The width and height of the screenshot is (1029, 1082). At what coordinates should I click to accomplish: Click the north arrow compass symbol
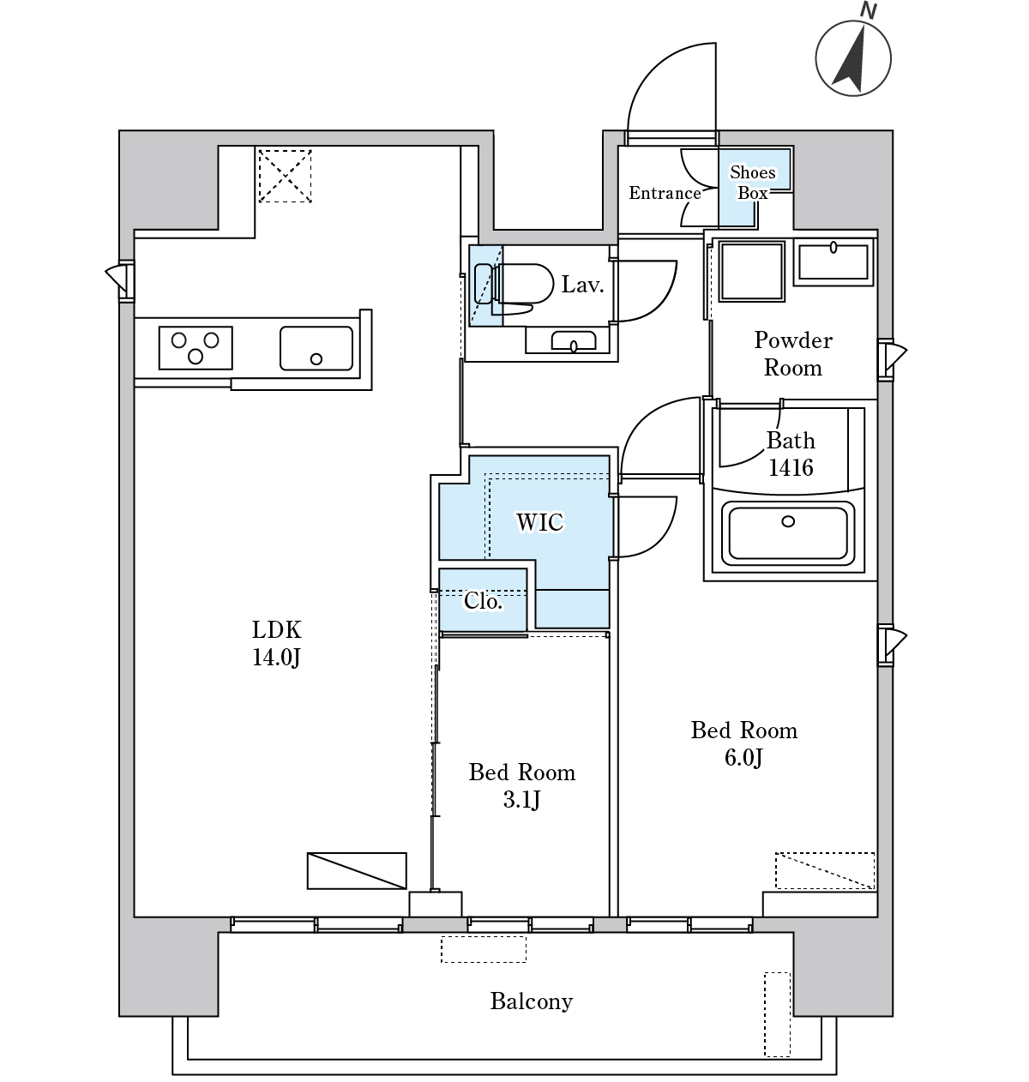tap(853, 57)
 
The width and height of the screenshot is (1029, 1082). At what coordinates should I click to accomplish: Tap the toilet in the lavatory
tap(514, 288)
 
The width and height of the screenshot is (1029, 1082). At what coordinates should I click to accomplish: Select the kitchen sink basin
tap(316, 348)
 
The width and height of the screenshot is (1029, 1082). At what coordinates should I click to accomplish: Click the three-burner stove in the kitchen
tap(196, 348)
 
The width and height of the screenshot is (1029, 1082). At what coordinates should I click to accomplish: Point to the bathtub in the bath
tap(788, 533)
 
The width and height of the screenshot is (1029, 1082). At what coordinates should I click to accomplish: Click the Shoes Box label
tap(753, 183)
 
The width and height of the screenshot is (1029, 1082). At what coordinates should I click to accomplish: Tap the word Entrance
tap(665, 193)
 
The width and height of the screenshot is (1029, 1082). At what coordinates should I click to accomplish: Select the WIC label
tap(540, 522)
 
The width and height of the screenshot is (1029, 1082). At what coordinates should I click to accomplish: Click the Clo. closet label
tap(483, 601)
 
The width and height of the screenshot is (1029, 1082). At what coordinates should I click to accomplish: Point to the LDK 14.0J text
tap(276, 643)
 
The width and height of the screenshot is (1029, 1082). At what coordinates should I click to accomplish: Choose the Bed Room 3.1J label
tap(522, 786)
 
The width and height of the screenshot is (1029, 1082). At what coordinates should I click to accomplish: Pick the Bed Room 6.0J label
tap(743, 743)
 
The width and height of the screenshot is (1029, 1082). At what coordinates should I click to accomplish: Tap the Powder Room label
tap(793, 354)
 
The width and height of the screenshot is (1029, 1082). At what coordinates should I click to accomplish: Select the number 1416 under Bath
tap(791, 468)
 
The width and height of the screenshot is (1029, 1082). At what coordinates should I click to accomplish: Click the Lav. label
tap(582, 286)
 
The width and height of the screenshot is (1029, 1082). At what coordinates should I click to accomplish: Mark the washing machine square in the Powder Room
tap(752, 271)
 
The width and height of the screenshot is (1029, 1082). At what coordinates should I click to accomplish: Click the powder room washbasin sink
tap(833, 262)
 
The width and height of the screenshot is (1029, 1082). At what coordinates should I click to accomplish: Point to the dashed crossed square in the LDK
tap(285, 176)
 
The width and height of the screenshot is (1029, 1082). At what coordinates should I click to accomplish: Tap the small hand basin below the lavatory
tap(574, 340)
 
